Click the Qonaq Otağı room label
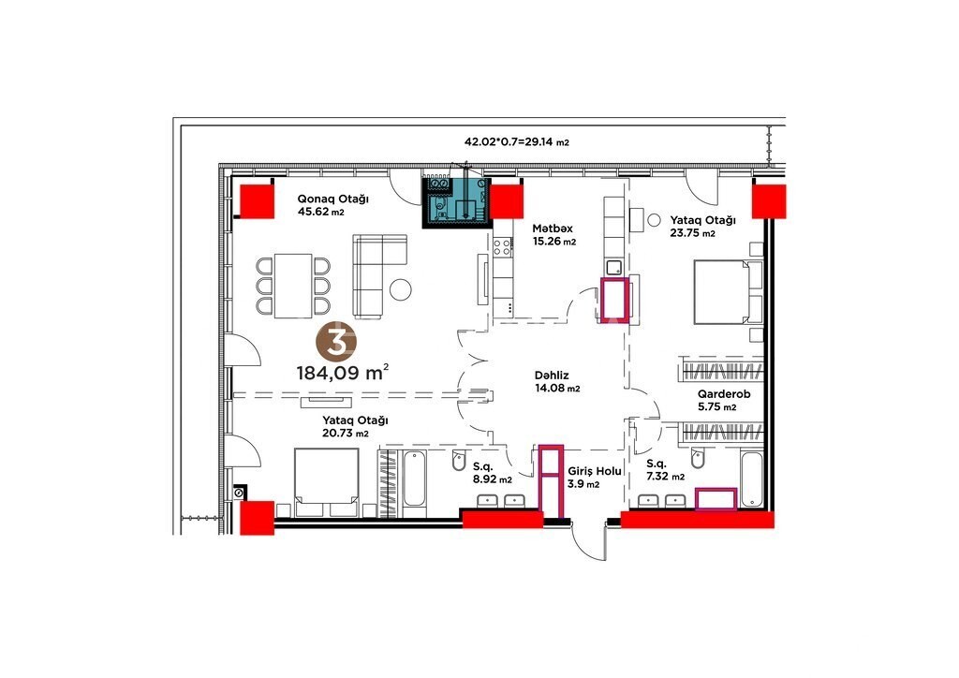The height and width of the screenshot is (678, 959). point(332,199)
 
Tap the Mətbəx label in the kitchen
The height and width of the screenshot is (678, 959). point(553,228)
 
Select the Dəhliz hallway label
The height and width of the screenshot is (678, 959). point(552,376)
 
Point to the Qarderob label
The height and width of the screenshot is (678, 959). point(724,394)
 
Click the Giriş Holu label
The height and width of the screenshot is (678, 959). point(595,471)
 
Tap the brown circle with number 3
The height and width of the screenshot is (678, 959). point(336,342)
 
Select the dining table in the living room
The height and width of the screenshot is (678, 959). point(293,286)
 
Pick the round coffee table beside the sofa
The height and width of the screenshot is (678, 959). point(401,289)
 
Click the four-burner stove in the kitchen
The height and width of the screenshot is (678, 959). point(503,247)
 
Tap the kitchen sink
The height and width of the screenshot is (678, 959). point(613,267)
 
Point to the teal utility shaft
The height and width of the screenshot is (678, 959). point(457,202)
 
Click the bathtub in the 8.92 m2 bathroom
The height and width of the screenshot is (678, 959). point(414,479)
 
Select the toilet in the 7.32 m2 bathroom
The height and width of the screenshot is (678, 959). point(697,458)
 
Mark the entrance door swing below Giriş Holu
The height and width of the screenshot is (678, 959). point(590,542)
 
